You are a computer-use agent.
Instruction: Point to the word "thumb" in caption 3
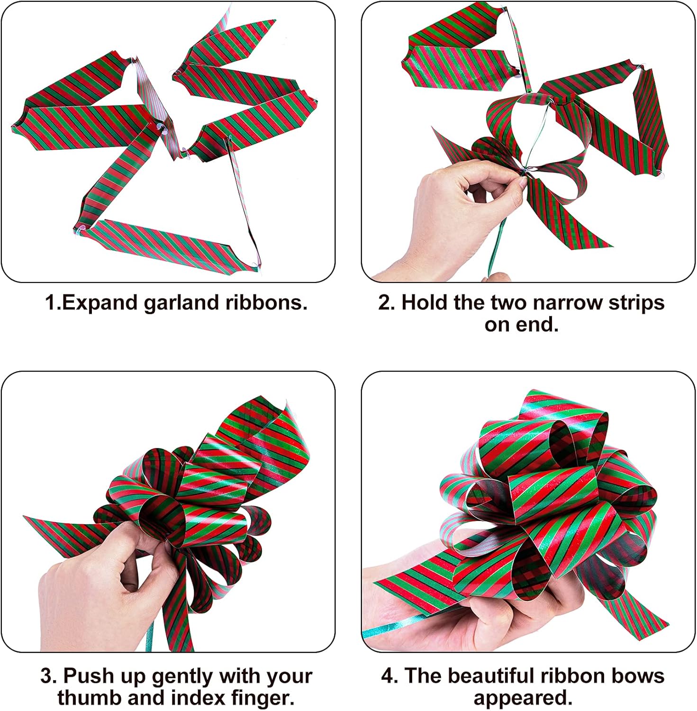click(86, 698)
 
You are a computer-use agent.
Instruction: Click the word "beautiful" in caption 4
click(494, 676)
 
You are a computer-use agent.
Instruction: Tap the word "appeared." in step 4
click(523, 698)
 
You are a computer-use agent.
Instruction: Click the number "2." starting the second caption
click(387, 302)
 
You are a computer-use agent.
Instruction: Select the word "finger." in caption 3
click(263, 698)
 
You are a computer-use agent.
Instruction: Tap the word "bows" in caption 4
click(640, 676)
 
